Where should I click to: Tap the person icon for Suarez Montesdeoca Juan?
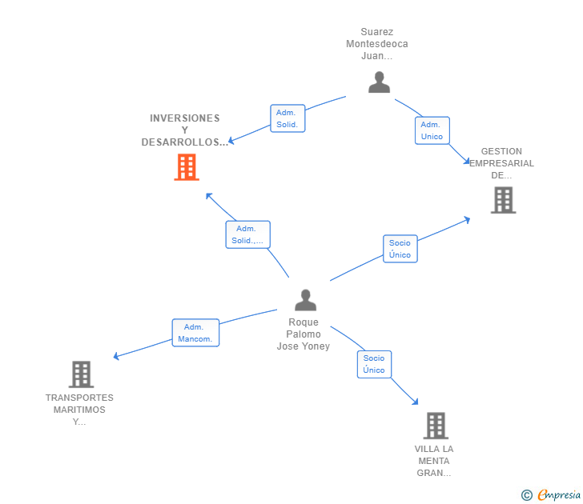(379, 82)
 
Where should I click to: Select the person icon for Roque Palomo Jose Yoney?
(305, 300)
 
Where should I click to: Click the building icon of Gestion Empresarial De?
(503, 200)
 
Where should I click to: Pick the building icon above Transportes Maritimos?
(81, 374)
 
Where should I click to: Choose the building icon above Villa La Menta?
(435, 425)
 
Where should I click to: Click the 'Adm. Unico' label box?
(432, 130)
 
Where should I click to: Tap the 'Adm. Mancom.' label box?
(195, 333)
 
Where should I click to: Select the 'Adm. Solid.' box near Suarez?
(287, 118)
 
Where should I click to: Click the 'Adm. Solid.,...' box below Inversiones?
(247, 234)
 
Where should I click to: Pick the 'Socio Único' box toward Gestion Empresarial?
(400, 249)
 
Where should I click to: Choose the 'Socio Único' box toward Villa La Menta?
(374, 364)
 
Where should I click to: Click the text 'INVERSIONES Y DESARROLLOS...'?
(185, 130)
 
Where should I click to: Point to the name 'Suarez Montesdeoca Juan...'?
(376, 44)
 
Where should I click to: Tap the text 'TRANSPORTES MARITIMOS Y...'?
(79, 410)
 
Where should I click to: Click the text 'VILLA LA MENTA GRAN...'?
(434, 461)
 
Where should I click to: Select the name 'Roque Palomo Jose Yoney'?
(304, 334)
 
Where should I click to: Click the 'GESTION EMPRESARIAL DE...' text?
(502, 163)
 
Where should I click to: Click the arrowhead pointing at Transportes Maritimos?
(117, 357)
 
